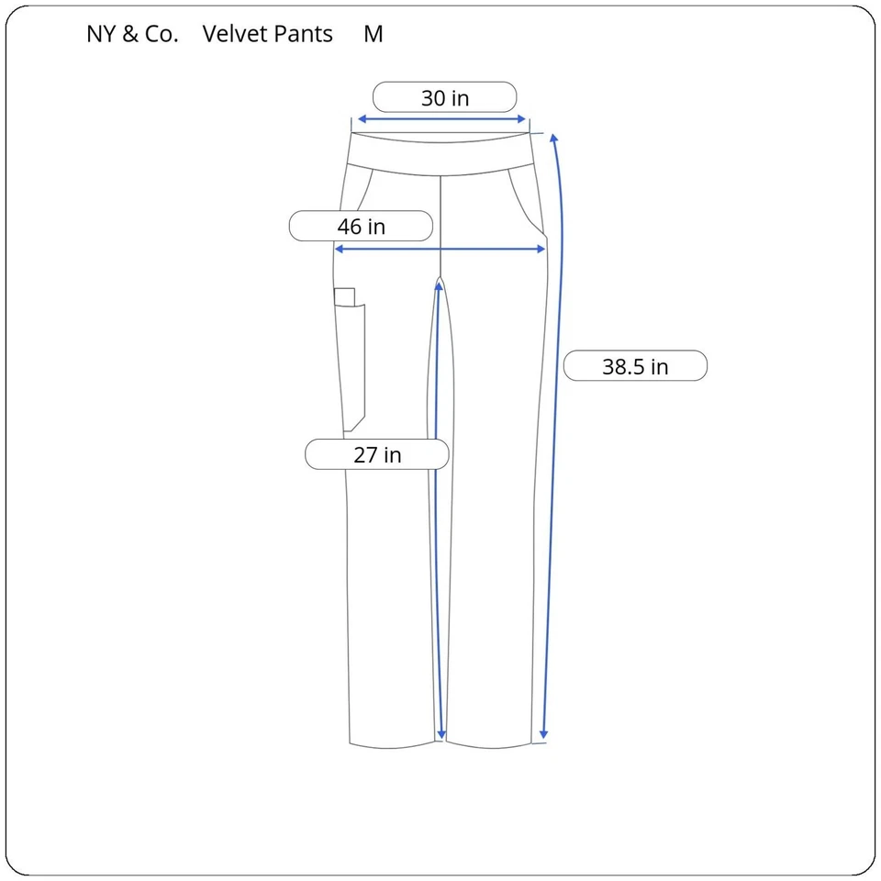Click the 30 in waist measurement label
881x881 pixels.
coord(445,97)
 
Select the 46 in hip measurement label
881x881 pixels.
coord(361,226)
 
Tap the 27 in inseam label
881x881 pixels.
coord(377,454)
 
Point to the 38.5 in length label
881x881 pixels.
coord(635,366)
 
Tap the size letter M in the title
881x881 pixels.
coord(374,34)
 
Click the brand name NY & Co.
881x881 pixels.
coord(132,34)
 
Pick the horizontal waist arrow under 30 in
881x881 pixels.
coord(441,118)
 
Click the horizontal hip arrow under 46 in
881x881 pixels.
coord(440,249)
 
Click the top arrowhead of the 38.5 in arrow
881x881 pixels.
coord(554,139)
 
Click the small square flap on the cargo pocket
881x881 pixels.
coord(344,296)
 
